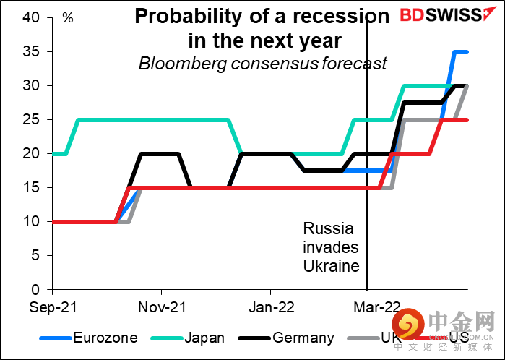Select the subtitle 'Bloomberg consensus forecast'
click(x=262, y=63)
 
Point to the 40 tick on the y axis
click(x=37, y=17)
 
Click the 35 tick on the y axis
click(x=37, y=51)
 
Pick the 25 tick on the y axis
click(x=37, y=119)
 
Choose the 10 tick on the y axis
click(x=37, y=221)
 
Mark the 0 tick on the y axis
click(x=41, y=289)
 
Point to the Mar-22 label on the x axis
click(x=376, y=307)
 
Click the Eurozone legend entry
click(x=101, y=338)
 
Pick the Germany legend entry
click(x=303, y=338)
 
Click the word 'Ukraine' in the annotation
click(x=331, y=266)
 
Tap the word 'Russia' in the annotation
click(x=328, y=230)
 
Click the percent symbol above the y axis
click(x=68, y=16)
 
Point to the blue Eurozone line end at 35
click(x=467, y=51)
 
